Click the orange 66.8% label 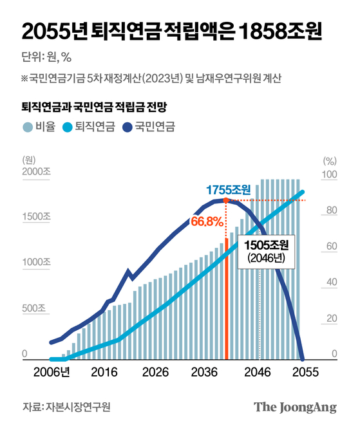pyautogui.click(x=207, y=222)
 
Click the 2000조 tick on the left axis pyautogui.click(x=36, y=172)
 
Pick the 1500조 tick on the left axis pyautogui.click(x=36, y=218)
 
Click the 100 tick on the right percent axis pyautogui.click(x=329, y=175)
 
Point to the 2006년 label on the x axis pyautogui.click(x=52, y=372)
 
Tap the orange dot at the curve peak pyautogui.click(x=225, y=201)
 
